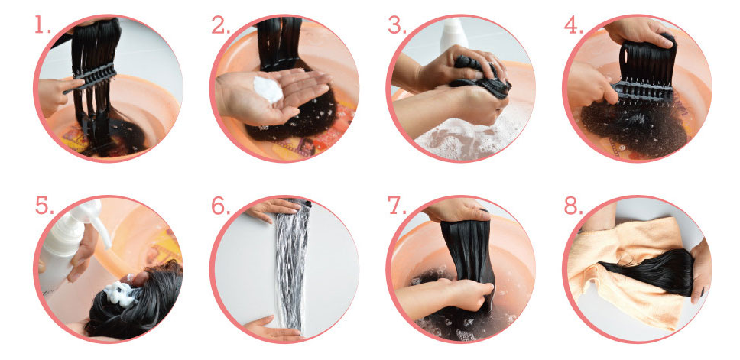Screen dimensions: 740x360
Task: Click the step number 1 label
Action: pos(43,25)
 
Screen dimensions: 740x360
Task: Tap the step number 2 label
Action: pos(220,25)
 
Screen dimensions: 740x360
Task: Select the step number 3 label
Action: pos(397,25)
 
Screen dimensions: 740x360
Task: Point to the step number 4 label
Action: pos(574,25)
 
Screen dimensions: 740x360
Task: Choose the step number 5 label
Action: pos(44,206)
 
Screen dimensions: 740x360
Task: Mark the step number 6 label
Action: pos(221,206)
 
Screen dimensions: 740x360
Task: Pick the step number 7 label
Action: pos(397,206)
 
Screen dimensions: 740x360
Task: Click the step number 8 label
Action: pos(574,206)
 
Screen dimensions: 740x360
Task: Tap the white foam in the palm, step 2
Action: pos(268,89)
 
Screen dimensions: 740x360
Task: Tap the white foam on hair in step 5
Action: pos(119,294)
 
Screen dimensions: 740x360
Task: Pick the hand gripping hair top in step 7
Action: pos(457,210)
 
